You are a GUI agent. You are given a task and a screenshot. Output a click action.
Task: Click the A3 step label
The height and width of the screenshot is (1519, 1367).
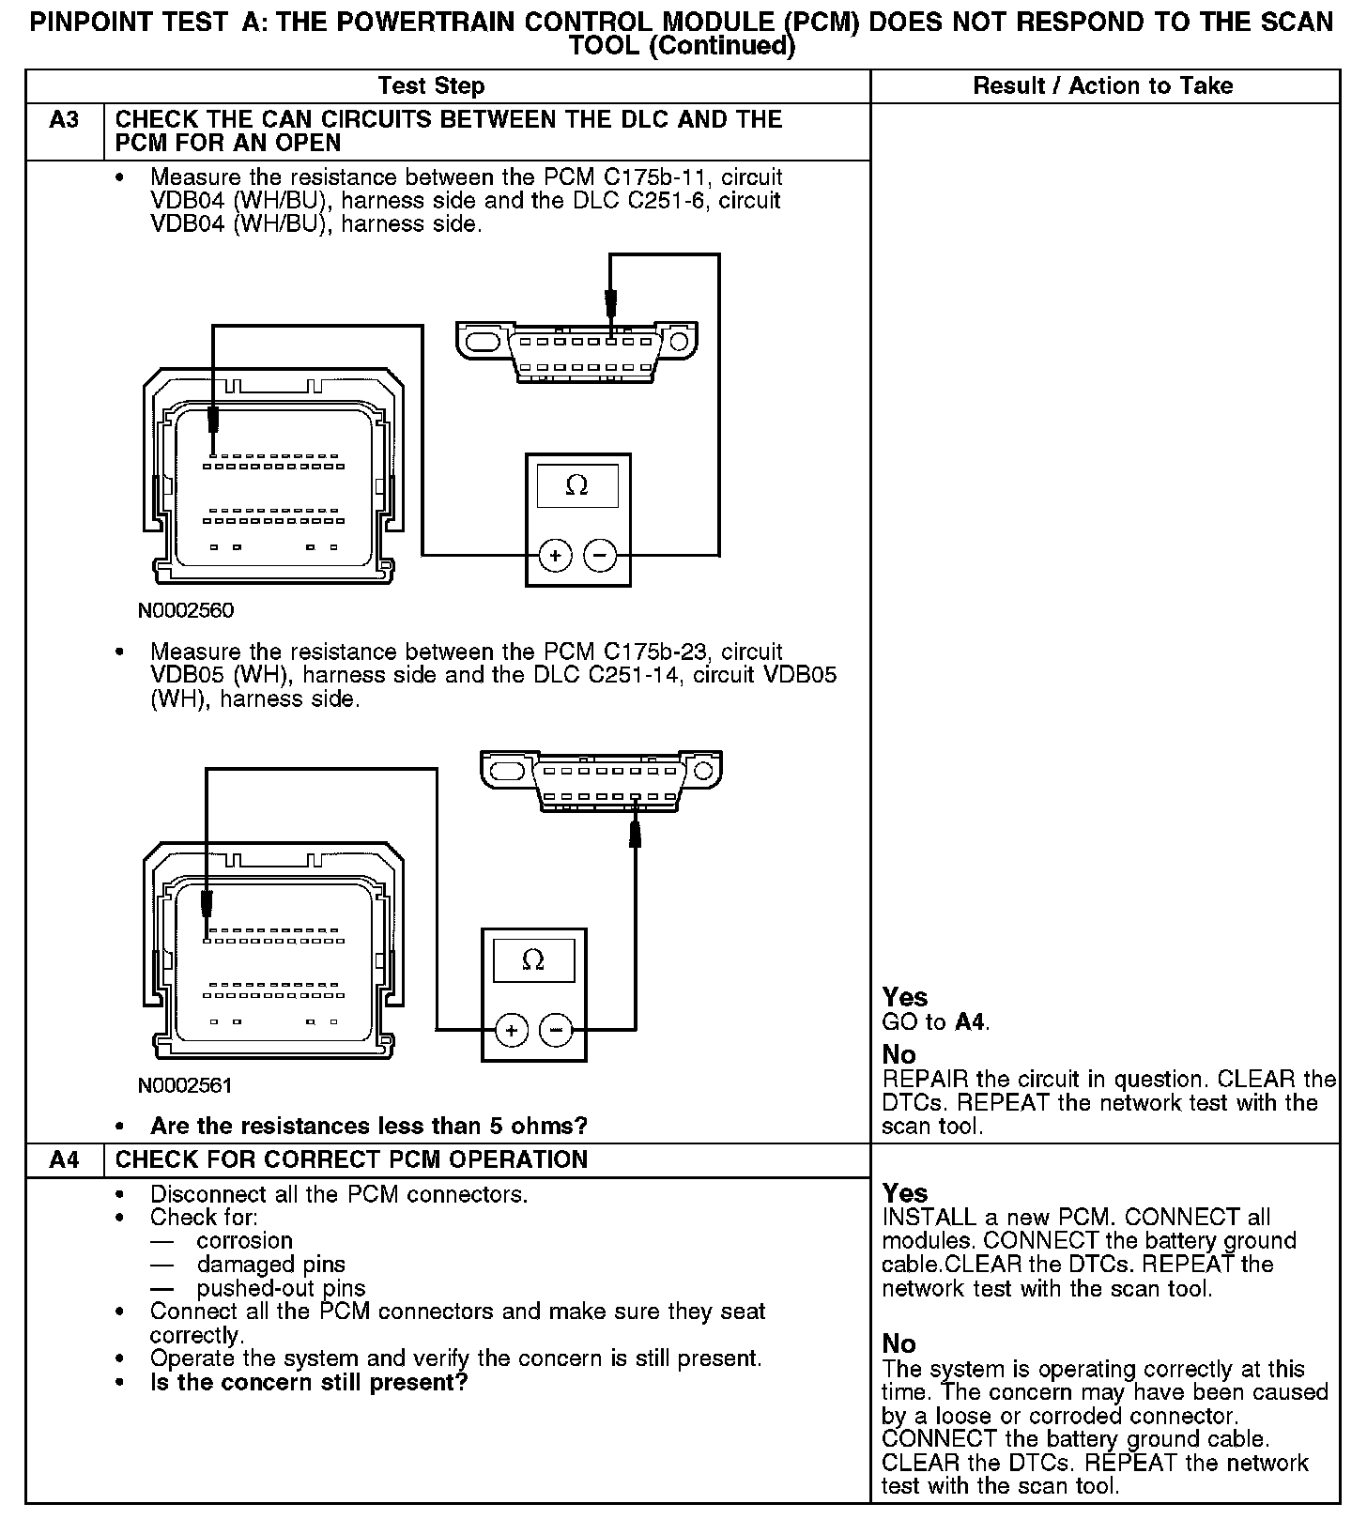(64, 120)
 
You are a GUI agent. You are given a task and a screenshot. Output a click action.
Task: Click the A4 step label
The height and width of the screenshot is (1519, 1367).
(64, 1159)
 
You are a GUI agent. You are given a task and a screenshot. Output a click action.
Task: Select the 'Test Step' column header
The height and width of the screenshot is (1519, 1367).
(431, 86)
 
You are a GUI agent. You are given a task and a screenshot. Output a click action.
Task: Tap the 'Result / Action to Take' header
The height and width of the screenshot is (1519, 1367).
(1103, 86)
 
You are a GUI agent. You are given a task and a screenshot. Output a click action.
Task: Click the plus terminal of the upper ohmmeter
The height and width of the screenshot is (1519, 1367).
(556, 557)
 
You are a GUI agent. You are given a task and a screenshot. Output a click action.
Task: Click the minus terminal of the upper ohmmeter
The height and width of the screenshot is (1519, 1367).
(601, 557)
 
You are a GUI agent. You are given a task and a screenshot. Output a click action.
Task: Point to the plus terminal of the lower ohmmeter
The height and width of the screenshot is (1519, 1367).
(512, 1031)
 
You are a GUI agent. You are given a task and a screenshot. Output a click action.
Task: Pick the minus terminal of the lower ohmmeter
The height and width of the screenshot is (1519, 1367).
(557, 1031)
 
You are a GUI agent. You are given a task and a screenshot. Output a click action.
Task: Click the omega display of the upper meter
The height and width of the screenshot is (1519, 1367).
(577, 486)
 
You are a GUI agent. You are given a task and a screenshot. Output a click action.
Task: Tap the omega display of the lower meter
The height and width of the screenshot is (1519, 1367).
(533, 960)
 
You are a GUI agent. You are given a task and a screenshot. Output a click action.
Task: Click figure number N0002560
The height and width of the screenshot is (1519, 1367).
(186, 611)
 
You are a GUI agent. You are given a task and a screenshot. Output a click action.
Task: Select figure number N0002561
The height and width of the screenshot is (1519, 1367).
(185, 1085)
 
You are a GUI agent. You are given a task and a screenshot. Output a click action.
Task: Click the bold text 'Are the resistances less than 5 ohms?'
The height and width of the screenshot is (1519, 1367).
(369, 1125)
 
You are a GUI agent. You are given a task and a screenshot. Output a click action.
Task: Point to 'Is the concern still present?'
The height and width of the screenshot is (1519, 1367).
(309, 1382)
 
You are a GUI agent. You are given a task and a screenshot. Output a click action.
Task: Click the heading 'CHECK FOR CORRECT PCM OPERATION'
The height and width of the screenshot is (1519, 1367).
(351, 1159)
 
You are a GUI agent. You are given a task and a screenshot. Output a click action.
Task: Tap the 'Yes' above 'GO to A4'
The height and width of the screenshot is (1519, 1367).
(905, 997)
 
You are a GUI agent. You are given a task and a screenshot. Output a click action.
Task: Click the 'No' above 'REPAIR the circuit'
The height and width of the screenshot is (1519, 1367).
(899, 1054)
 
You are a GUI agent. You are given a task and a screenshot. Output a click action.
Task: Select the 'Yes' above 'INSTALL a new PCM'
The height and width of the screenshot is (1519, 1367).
(905, 1193)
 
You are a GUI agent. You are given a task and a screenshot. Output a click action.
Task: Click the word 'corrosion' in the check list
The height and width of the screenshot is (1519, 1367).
(244, 1240)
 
